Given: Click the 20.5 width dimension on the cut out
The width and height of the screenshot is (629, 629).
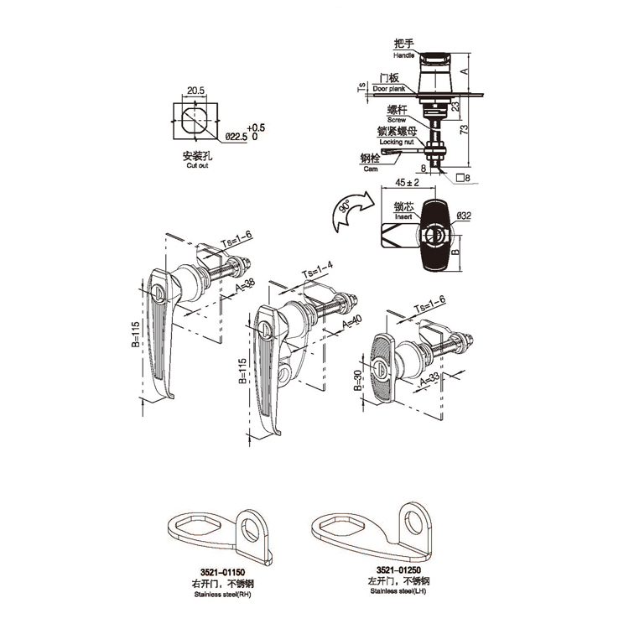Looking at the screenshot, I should pos(195,90).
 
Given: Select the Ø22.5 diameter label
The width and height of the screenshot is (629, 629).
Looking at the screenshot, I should pos(235,136).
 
